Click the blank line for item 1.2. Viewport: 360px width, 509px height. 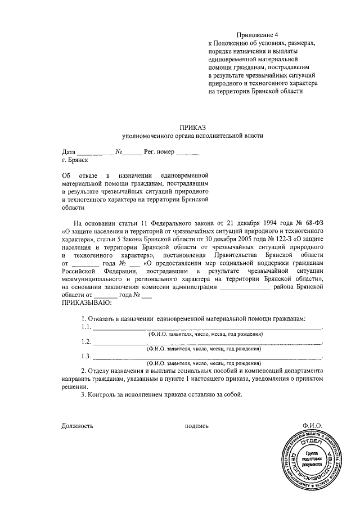[207, 343]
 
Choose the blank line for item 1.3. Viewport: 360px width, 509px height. [207, 357]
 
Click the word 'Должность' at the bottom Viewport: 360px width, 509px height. [77, 426]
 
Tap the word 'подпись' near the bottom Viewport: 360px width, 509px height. [197, 426]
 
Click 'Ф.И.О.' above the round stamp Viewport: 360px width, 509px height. [311, 426]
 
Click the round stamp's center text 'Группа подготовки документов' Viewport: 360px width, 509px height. [310, 460]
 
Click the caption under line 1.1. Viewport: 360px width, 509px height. [205, 334]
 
